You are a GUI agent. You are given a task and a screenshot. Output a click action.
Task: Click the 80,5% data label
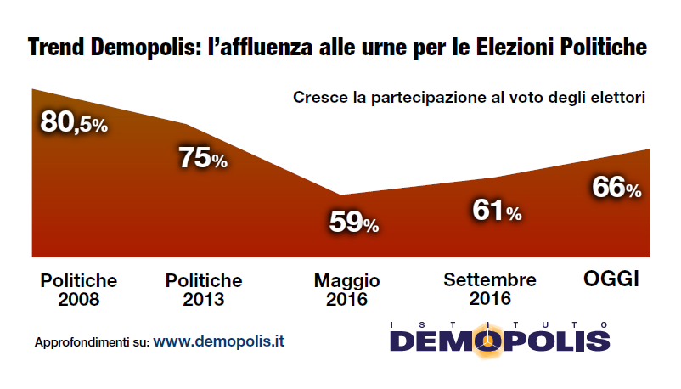(x=75, y=123)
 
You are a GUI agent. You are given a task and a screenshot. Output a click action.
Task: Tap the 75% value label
(x=202, y=158)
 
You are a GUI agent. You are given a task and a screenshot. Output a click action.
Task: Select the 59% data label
(x=353, y=223)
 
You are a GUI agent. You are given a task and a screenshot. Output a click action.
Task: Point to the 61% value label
(x=496, y=211)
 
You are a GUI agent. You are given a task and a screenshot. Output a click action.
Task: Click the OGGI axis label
(x=611, y=279)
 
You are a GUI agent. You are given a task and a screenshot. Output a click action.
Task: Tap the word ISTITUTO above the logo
(x=499, y=324)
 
